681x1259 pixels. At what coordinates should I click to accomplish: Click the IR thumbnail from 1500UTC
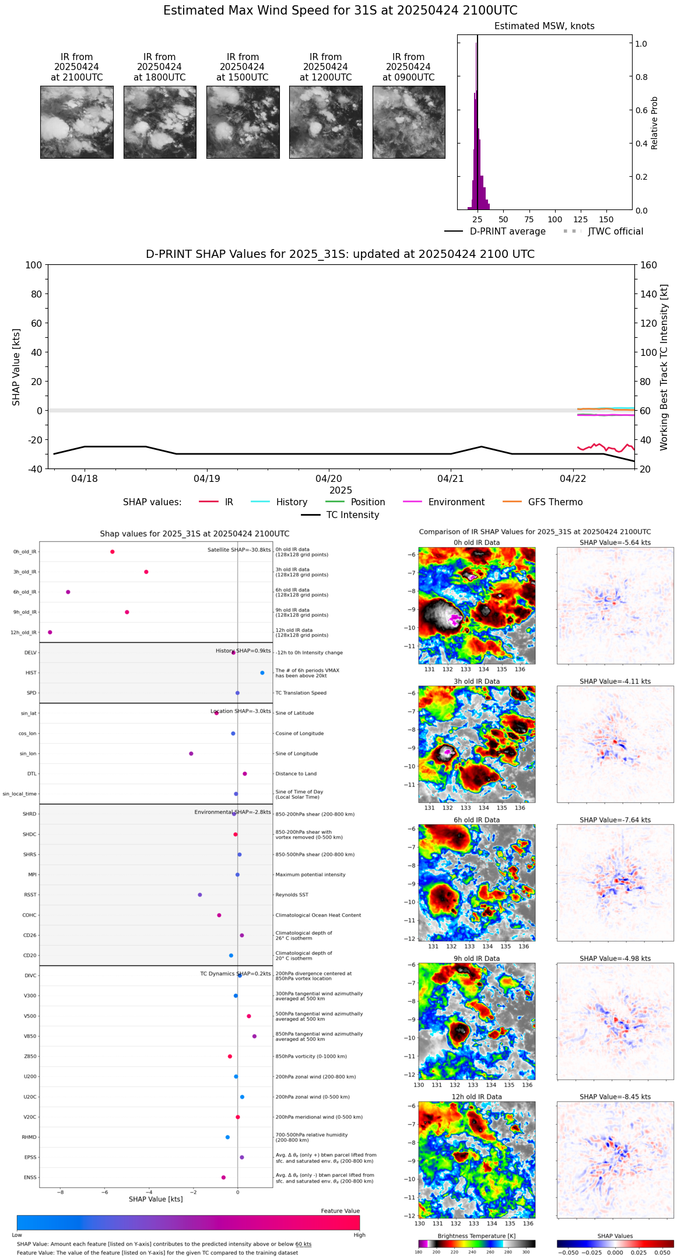(x=243, y=122)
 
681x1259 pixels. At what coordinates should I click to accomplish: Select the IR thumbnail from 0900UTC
(x=409, y=122)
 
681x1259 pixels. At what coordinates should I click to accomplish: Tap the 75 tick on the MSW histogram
(x=529, y=220)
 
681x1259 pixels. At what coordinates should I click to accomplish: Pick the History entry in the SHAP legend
(x=292, y=502)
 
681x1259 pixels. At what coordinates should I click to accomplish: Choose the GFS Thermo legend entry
(x=555, y=502)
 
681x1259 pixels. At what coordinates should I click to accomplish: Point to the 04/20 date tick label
(x=329, y=479)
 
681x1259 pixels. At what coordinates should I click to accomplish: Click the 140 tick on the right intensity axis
(x=648, y=294)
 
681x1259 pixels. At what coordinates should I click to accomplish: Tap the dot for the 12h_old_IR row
(x=50, y=632)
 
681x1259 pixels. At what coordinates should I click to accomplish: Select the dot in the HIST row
(x=262, y=673)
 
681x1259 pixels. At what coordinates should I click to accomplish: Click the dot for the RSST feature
(x=200, y=895)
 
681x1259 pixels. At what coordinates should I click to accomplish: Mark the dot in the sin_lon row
(x=191, y=754)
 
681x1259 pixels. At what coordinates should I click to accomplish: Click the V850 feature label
(x=30, y=1037)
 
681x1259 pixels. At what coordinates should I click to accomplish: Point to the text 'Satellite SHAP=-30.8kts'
(x=239, y=550)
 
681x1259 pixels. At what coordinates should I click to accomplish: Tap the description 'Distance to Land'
(x=296, y=774)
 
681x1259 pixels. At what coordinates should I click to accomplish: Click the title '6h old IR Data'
(x=476, y=820)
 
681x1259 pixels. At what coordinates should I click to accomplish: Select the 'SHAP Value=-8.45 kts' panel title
(x=615, y=1097)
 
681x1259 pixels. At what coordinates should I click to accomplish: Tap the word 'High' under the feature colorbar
(x=359, y=1235)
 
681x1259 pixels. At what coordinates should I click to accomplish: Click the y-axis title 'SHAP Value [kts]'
(x=16, y=367)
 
